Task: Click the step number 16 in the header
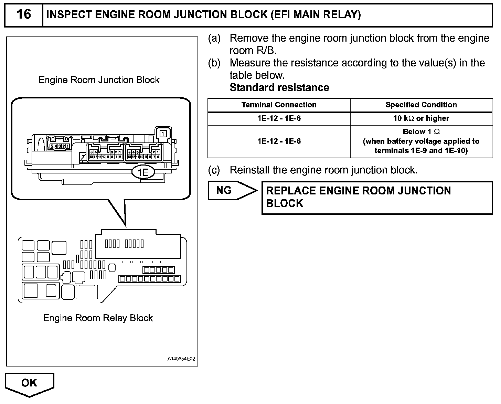coord(23,14)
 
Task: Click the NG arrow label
coord(224,190)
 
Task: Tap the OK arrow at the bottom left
coord(30,383)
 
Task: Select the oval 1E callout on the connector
coord(143,172)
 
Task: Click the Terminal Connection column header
coord(279,105)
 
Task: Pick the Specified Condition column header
coord(421,105)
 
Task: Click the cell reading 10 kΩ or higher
coord(421,118)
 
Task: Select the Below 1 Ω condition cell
coord(421,141)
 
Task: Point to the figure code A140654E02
coord(181,359)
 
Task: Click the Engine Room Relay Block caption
coord(98,318)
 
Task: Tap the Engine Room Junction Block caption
coord(99,80)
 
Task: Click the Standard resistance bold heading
coord(279,88)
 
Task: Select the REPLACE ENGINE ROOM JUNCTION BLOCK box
coord(377,197)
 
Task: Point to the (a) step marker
coord(214,38)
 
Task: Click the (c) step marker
coord(214,170)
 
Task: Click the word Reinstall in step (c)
coord(251,170)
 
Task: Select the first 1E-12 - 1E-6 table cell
coord(279,118)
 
